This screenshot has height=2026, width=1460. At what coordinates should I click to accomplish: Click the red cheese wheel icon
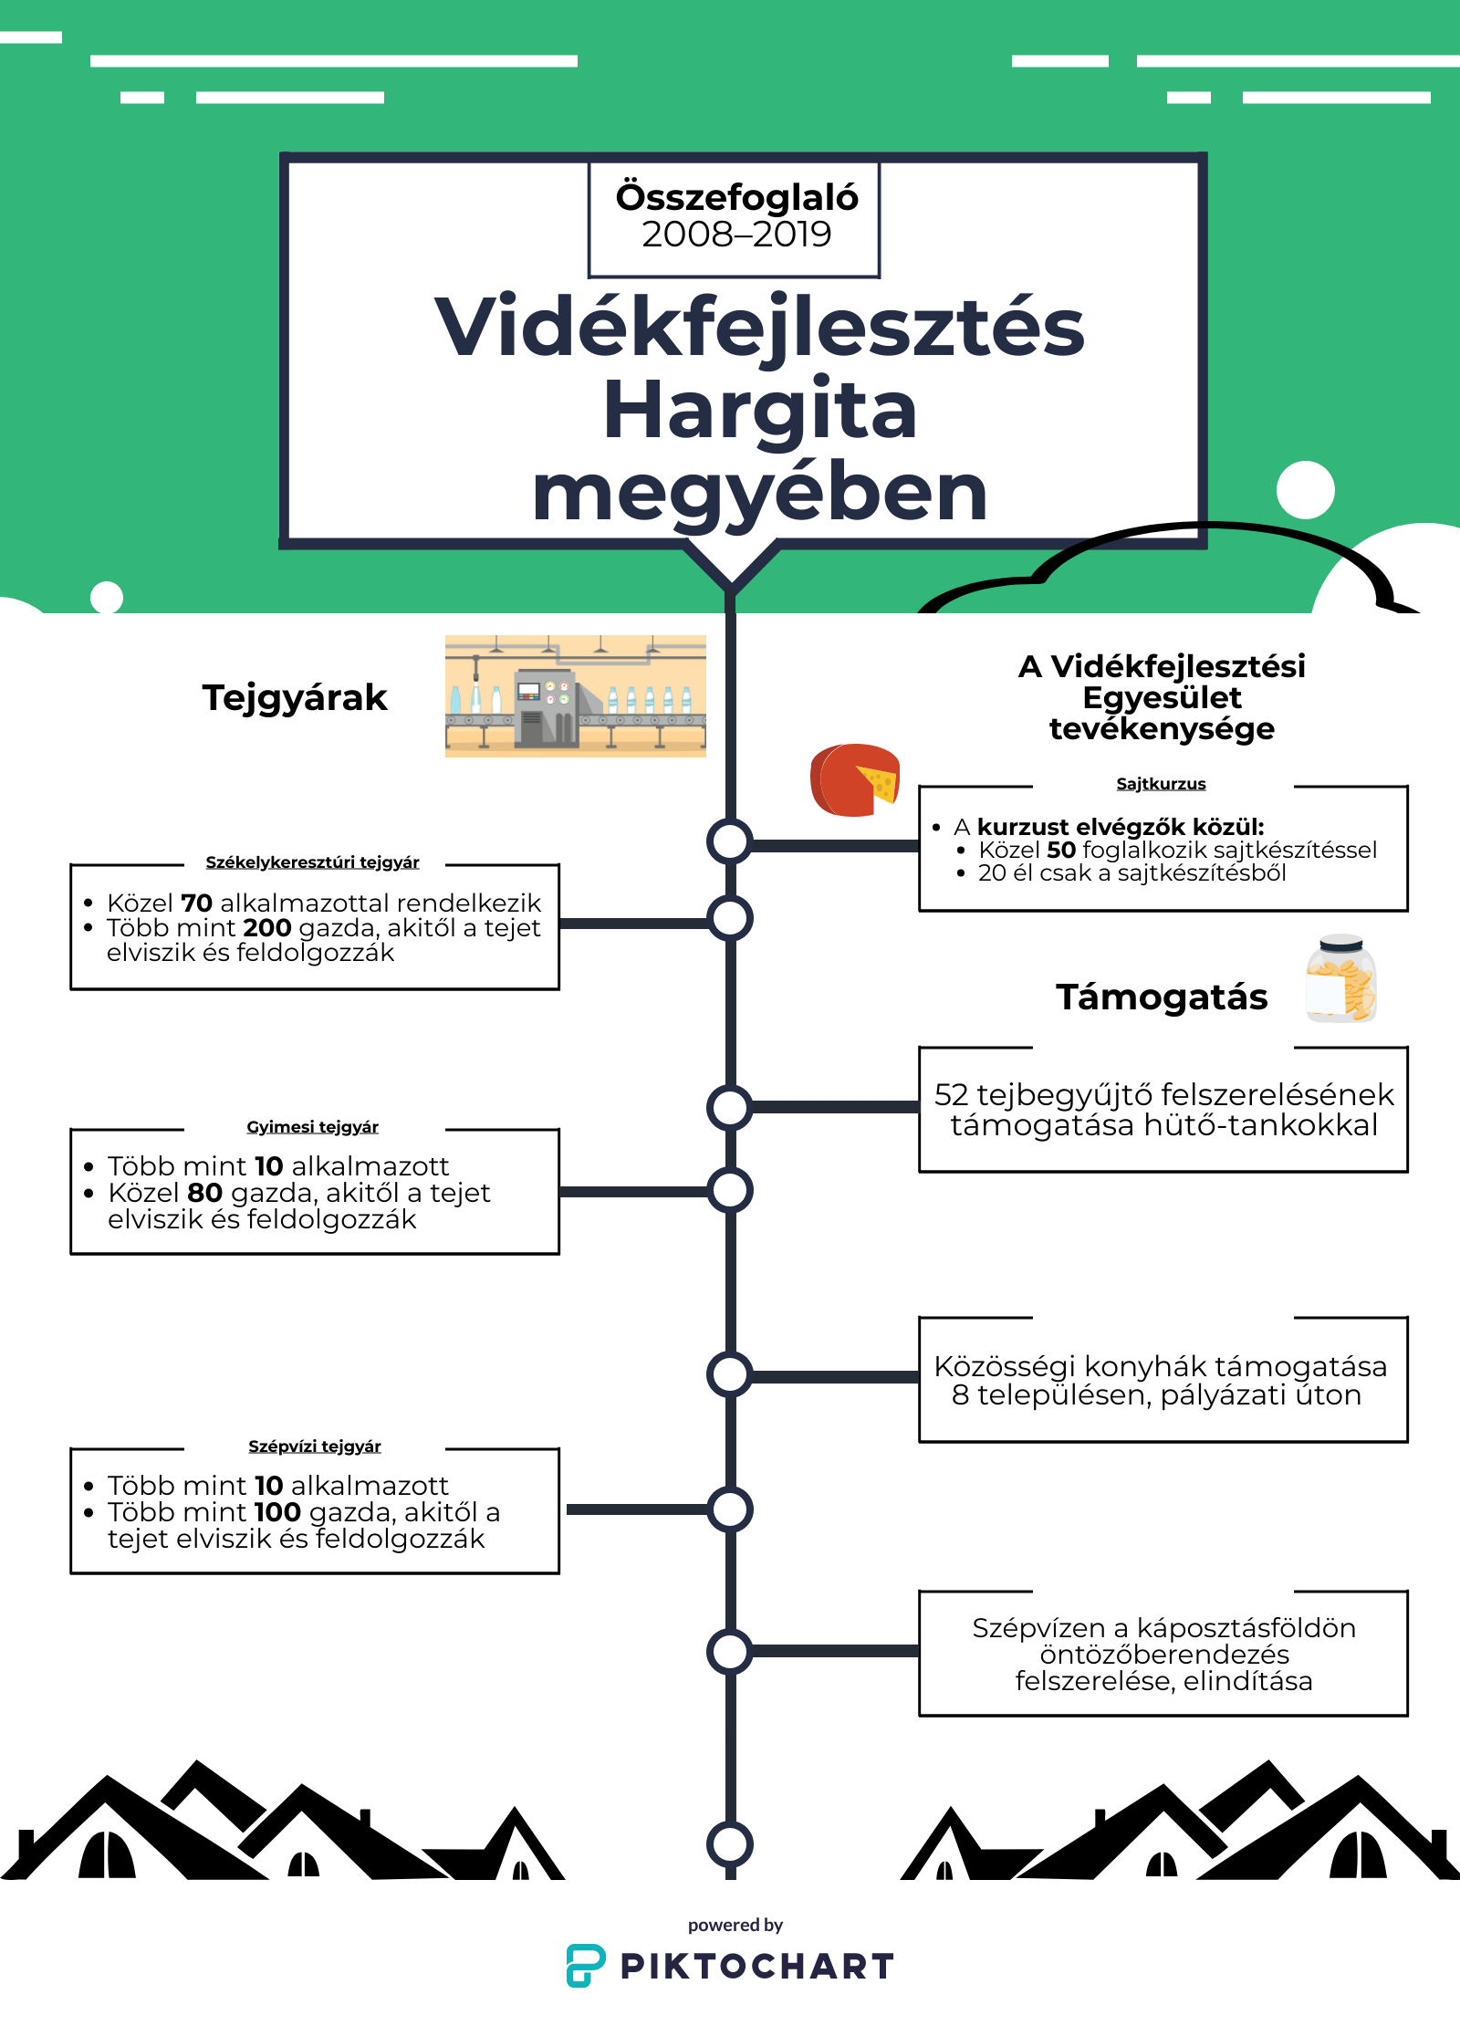coord(855,779)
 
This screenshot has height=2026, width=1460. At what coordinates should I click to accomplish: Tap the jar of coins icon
coord(1340,979)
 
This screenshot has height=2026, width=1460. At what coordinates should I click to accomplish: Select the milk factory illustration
coord(575,695)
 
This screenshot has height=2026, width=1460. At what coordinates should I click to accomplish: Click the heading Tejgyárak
coord(295,698)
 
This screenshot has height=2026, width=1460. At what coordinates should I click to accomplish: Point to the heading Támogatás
coord(1162,997)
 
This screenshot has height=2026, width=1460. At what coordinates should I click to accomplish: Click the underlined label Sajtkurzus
coord(1161,784)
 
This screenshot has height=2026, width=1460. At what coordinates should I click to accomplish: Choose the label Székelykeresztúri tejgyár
coord(312,862)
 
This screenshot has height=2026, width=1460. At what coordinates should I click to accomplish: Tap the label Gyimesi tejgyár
coord(312,1127)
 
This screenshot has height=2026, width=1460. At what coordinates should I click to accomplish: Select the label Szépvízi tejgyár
coord(314,1446)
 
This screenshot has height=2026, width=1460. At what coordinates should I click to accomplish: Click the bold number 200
coord(267,928)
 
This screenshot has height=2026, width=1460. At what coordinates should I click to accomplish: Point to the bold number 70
coord(196,903)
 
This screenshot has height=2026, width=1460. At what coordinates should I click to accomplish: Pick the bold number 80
coord(204,1193)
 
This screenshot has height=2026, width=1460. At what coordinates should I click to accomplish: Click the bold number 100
coord(277,1512)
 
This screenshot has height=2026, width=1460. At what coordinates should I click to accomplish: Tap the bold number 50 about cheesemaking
coord(1061,851)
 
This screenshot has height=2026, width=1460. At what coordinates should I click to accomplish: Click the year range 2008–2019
coord(736,235)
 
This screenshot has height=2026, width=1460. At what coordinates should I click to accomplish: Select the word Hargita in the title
coord(759,411)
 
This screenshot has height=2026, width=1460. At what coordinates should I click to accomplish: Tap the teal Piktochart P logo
coord(585,1965)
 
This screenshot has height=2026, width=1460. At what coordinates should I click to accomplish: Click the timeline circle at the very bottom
coord(730,1843)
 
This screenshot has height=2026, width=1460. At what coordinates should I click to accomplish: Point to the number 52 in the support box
coord(951,1094)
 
